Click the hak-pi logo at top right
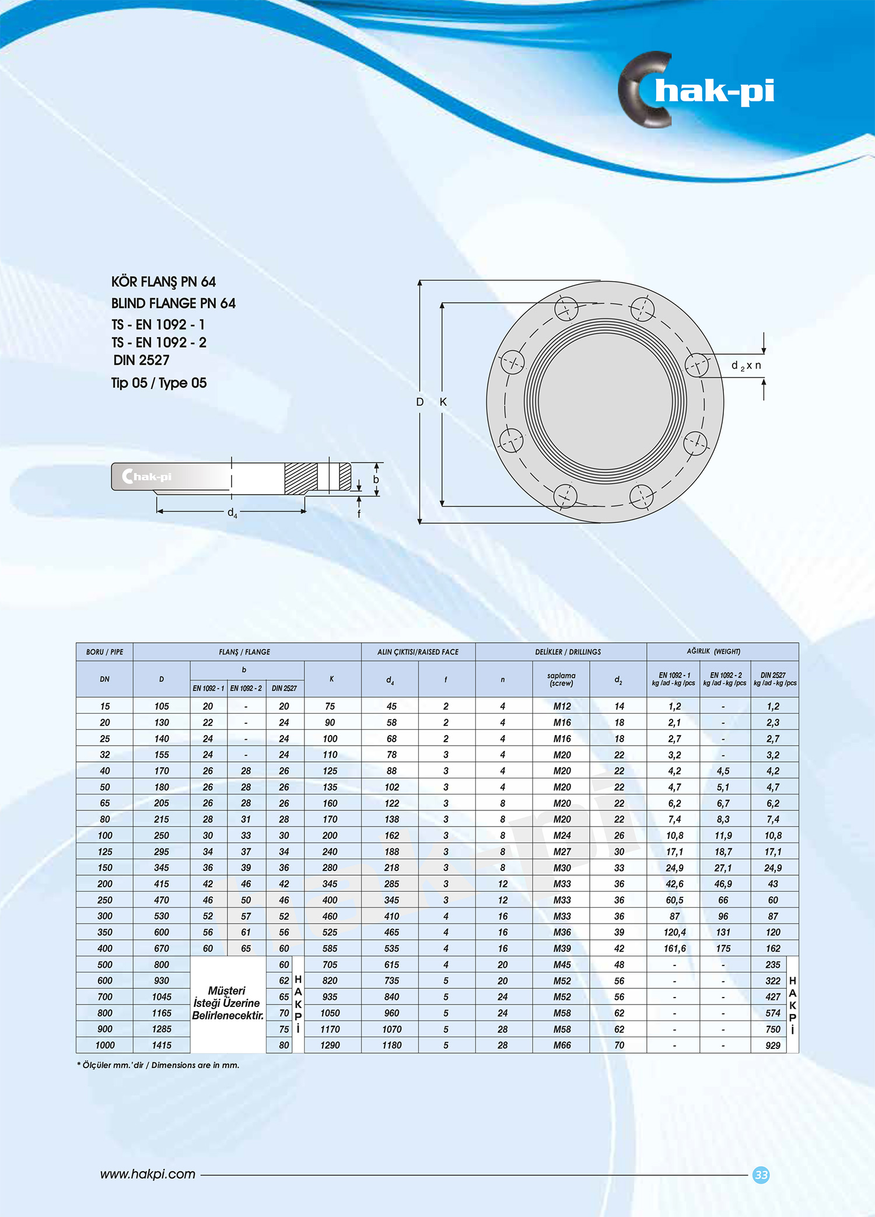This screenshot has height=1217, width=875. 697,90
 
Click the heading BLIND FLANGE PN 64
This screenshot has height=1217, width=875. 173,303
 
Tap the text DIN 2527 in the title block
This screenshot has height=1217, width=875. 141,361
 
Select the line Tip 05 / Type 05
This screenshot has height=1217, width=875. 159,383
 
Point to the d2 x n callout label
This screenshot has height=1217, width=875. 746,366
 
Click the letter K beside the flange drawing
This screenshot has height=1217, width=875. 443,402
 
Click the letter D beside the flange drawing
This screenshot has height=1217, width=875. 419,402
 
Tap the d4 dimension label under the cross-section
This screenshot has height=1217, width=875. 232,513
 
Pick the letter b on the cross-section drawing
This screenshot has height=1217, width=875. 376,480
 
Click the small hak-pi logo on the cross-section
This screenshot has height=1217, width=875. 147,477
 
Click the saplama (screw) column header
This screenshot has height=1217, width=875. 561,680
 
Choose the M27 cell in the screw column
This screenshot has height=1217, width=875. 562,852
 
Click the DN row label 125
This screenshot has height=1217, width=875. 105,852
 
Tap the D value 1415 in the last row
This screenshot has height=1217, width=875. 162,1045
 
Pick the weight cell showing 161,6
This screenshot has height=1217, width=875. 674,949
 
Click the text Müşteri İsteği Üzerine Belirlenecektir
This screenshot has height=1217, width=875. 228,1003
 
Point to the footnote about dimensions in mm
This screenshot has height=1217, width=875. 158,1065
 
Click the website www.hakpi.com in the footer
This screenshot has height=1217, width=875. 148,1174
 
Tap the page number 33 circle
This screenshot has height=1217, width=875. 761,1175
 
